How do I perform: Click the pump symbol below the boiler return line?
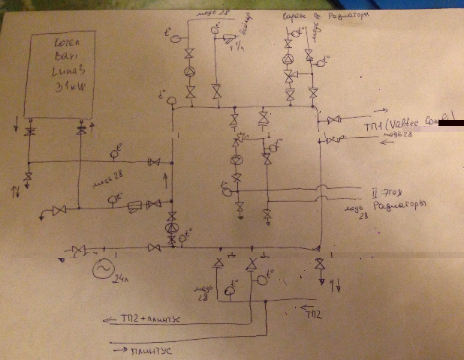click(x=172, y=229)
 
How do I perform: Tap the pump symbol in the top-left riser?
click(x=190, y=70)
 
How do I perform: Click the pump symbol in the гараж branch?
click(x=288, y=60)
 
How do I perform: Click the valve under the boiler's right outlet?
click(x=81, y=132)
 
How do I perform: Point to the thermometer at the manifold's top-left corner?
click(x=172, y=100)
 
